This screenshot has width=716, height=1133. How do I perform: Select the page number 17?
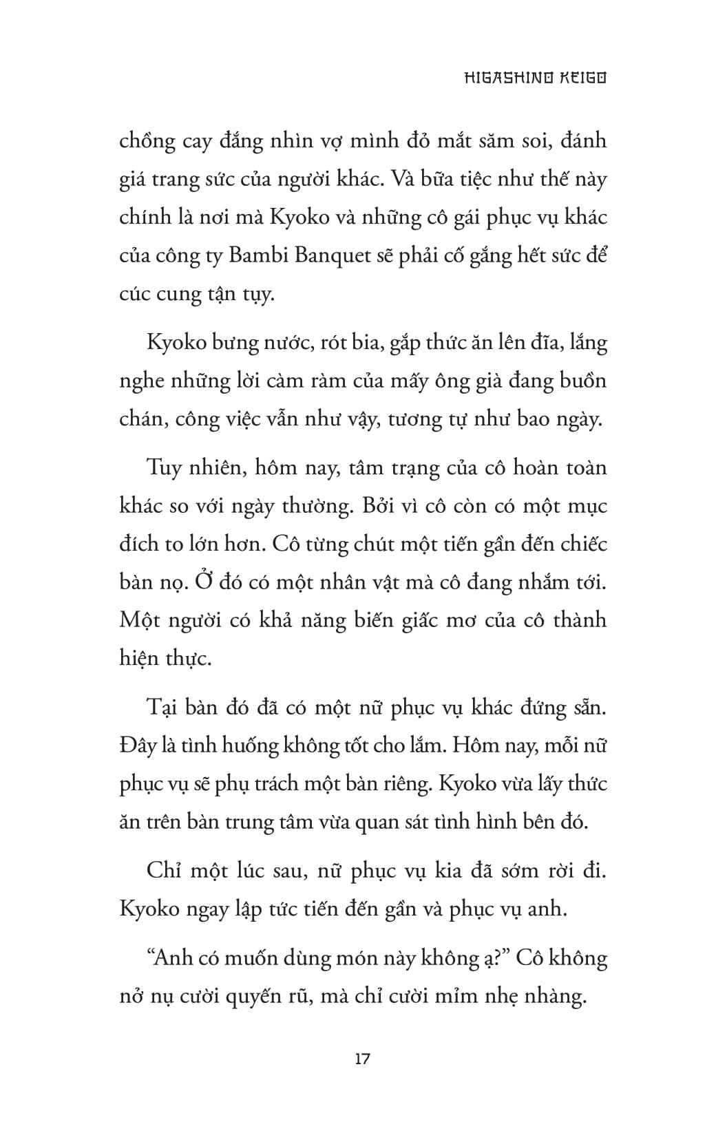coord(363,1059)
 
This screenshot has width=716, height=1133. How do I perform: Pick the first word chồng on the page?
coord(146,142)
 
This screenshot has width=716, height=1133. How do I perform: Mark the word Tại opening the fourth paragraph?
coord(160,708)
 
